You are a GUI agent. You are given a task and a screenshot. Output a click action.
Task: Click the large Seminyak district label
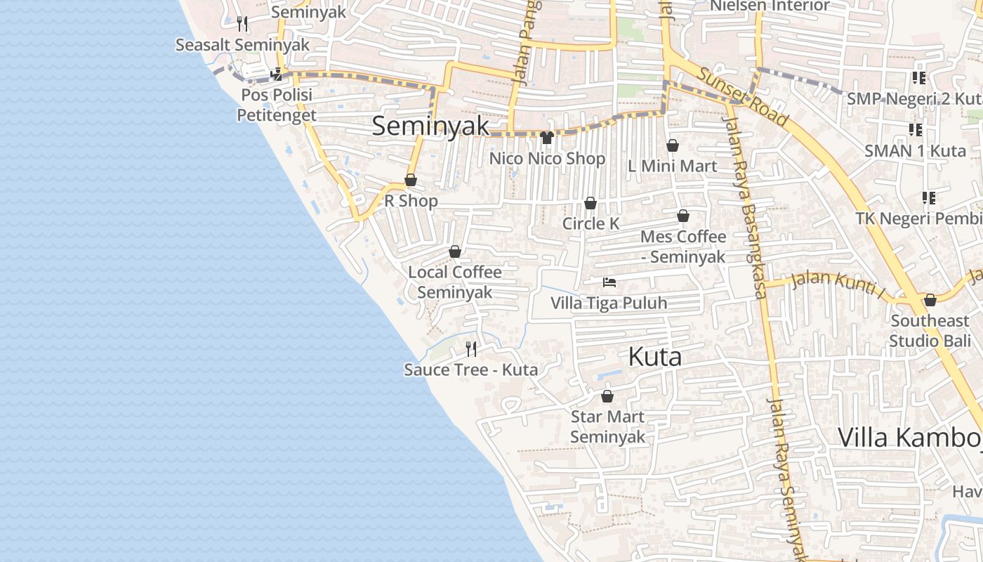pyautogui.click(x=430, y=126)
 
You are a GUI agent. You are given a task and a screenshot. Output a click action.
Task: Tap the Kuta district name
pyautogui.click(x=654, y=357)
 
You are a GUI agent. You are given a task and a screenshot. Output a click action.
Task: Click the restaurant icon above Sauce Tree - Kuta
pyautogui.click(x=471, y=348)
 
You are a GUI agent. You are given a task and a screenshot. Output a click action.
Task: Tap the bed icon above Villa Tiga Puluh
pyautogui.click(x=609, y=282)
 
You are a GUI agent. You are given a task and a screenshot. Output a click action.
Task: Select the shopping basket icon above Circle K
pyautogui.click(x=591, y=203)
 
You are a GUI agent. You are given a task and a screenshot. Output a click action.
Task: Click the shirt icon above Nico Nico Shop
pyautogui.click(x=547, y=137)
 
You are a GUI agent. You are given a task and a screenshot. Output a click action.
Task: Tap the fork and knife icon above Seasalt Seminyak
pyautogui.click(x=242, y=24)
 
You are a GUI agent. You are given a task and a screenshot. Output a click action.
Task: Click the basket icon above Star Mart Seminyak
pyautogui.click(x=607, y=396)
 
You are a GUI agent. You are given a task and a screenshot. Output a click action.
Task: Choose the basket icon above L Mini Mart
pyautogui.click(x=672, y=145)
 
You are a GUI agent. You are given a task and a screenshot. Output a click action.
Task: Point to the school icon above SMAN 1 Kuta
pyautogui.click(x=915, y=129)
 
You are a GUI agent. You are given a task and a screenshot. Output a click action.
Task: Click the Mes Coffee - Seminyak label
pyautogui.click(x=682, y=247)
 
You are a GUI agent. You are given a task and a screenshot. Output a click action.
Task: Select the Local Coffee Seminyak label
pyautogui.click(x=455, y=282)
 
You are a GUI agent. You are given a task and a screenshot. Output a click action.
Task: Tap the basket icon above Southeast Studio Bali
pyautogui.click(x=930, y=300)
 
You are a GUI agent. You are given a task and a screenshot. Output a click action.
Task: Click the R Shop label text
pyautogui.click(x=411, y=201)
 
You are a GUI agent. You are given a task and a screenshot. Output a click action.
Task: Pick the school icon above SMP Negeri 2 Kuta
pyautogui.click(x=918, y=78)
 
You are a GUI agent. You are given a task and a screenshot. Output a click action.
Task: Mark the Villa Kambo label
pyautogui.click(x=910, y=437)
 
